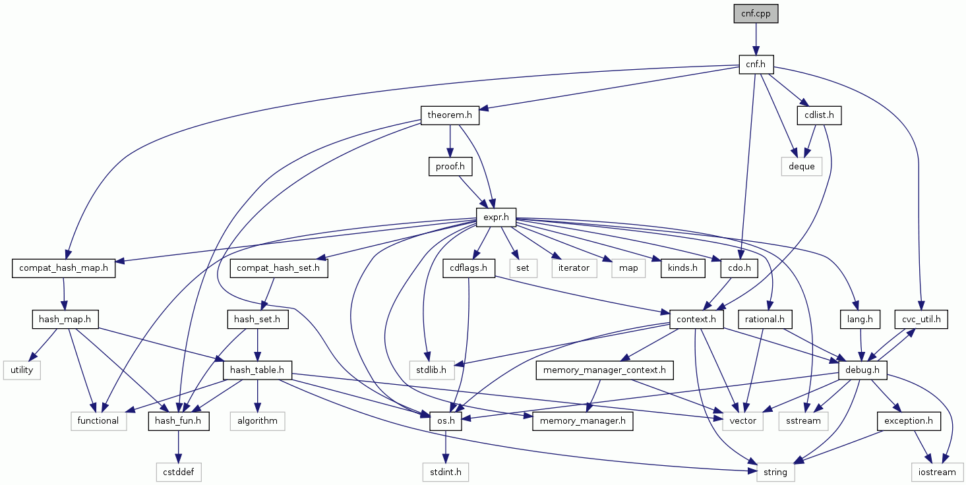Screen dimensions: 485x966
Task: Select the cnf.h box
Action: click(756, 65)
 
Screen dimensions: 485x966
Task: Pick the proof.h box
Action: click(450, 167)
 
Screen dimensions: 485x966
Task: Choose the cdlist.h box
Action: click(820, 115)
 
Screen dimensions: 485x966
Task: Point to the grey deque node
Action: click(802, 167)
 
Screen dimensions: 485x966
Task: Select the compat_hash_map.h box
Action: click(63, 268)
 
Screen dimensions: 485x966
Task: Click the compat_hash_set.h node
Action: click(279, 268)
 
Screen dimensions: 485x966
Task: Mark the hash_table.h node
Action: click(257, 370)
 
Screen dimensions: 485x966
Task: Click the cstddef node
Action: click(179, 472)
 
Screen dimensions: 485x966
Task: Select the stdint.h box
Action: click(445, 472)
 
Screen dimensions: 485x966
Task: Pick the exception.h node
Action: click(909, 421)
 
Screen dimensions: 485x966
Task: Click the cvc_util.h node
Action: click(921, 320)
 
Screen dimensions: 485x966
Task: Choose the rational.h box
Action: click(765, 320)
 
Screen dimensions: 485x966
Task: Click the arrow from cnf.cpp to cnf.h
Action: click(756, 39)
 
